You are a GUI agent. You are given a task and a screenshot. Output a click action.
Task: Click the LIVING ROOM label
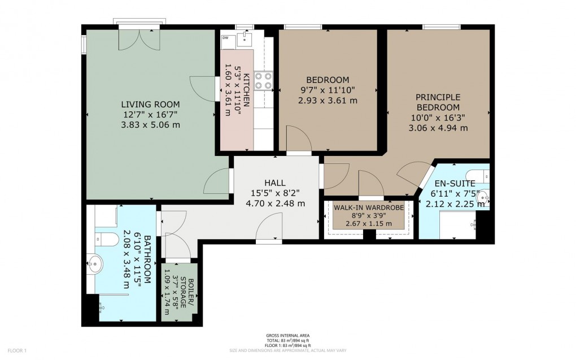(x=151, y=104)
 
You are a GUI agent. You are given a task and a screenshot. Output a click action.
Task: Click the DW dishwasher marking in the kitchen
(x=225, y=38)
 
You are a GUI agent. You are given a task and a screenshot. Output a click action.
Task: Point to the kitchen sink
(x=245, y=38)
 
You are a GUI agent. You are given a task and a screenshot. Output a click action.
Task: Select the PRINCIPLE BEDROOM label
(x=438, y=102)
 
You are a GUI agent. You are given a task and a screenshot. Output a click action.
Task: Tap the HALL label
(x=274, y=183)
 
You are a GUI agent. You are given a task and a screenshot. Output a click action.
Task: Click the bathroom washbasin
(x=95, y=262)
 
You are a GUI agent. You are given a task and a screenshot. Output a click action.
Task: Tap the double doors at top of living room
(x=139, y=38)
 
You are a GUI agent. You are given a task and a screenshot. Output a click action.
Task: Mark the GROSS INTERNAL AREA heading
(x=287, y=336)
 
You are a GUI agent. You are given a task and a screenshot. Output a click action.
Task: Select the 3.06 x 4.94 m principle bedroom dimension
(x=438, y=128)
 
